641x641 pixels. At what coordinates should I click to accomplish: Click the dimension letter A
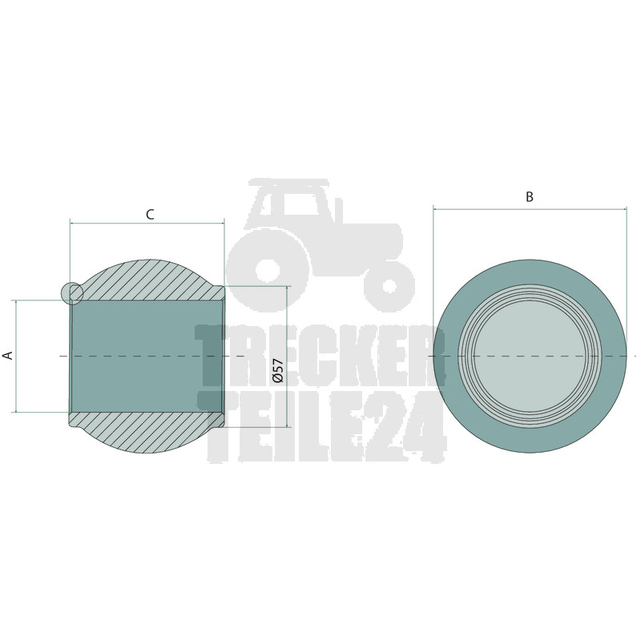click(8, 355)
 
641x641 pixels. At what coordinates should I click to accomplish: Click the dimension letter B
click(530, 197)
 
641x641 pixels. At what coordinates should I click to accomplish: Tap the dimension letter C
click(150, 214)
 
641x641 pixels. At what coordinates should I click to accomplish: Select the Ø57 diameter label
click(278, 370)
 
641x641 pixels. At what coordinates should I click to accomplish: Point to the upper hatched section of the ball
click(147, 280)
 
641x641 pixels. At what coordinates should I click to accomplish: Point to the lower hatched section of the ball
click(147, 432)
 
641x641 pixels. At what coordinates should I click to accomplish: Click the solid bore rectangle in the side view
click(147, 357)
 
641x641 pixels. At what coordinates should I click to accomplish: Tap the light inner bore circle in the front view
click(530, 356)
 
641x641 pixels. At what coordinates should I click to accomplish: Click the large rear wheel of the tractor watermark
click(268, 270)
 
